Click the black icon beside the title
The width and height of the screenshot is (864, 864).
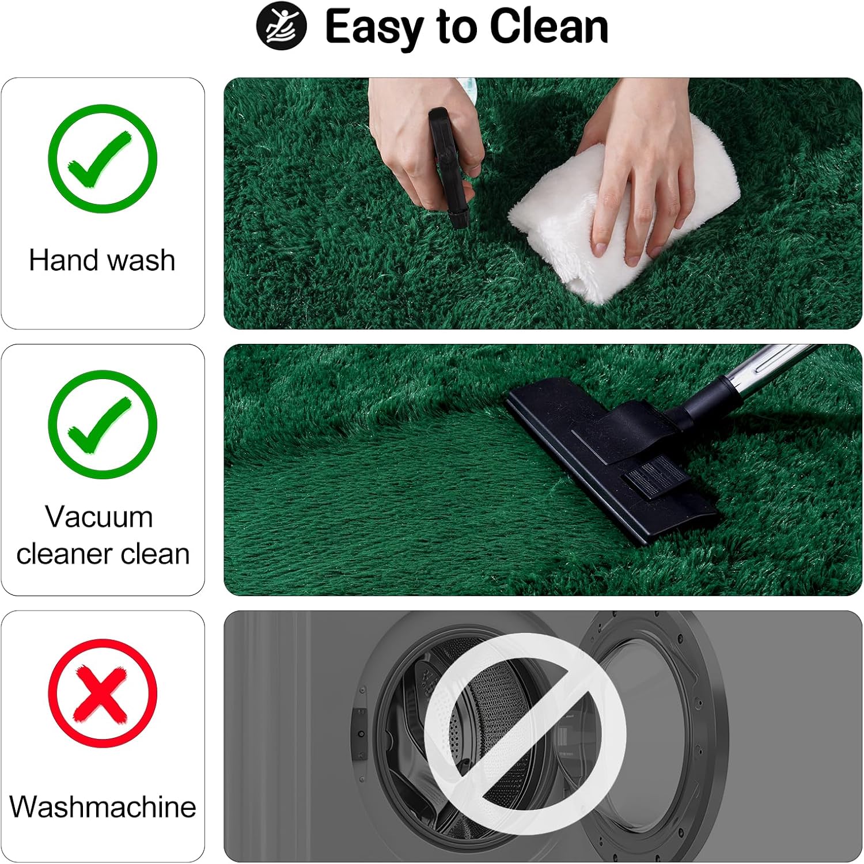point(281,26)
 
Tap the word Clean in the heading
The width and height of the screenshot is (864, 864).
point(550,26)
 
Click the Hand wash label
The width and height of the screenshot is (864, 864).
point(102,260)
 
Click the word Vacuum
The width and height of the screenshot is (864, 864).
point(99,516)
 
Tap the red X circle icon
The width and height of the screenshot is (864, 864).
point(103,693)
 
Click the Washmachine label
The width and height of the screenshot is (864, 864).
point(103,806)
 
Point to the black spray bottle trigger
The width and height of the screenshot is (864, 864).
point(448,167)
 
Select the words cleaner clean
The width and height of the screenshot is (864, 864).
point(103,554)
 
